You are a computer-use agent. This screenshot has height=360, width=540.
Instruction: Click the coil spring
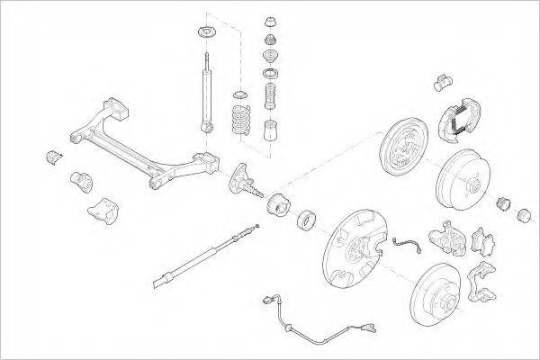240,120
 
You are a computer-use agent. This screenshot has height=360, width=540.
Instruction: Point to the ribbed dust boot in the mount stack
269,94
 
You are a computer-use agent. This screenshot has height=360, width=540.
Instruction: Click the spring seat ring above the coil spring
240,94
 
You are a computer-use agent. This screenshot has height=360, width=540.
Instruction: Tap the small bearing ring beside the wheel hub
305,218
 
